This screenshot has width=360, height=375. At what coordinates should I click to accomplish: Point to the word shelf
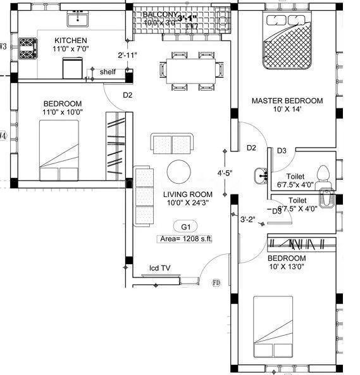[108, 72]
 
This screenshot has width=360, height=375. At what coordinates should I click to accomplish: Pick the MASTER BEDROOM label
[287, 101]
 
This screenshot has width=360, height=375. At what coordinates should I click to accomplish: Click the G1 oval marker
[185, 226]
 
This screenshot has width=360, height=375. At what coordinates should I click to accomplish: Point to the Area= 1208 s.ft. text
[184, 239]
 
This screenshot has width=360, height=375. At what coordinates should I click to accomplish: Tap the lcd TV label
[159, 268]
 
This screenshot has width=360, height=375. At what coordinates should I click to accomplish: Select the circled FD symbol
[216, 282]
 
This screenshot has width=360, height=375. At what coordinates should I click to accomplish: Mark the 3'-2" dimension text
[247, 220]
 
